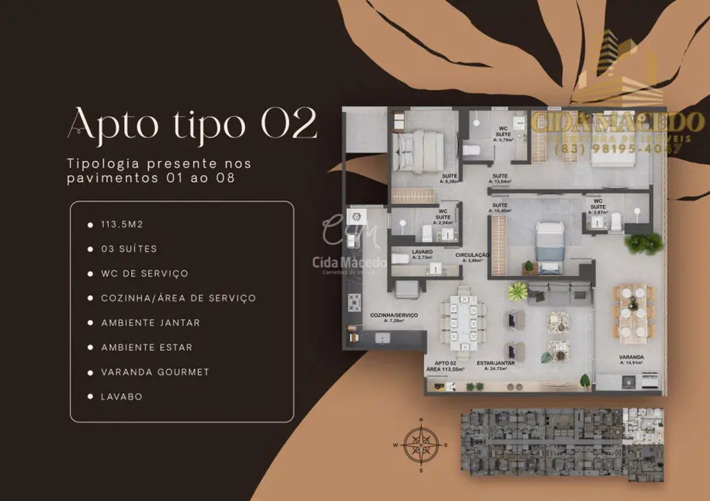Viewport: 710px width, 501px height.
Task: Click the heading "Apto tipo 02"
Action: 192,123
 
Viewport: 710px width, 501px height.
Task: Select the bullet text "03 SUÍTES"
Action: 129,249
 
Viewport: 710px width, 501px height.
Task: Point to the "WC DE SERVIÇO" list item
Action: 144,274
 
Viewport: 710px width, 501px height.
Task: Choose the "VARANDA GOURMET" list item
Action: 155,372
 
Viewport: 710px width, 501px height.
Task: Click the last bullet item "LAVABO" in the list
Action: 121,397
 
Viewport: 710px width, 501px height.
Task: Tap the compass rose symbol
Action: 421,445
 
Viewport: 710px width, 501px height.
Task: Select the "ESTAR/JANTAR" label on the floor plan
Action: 493,365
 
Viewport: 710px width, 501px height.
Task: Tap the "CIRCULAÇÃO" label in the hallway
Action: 473,257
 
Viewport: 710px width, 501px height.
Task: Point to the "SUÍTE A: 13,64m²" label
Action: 500,179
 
